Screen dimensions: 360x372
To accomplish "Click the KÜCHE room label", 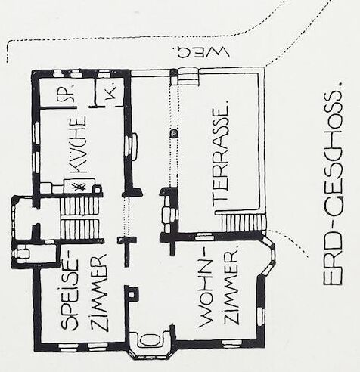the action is pyautogui.click(x=79, y=144).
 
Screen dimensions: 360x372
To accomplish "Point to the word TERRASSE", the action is pyautogui.click(x=221, y=154).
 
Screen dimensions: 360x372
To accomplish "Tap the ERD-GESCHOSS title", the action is pyautogui.click(x=333, y=184).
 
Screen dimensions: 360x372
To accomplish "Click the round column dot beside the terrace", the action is pyautogui.click(x=174, y=134).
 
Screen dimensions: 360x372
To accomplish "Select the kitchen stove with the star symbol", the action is pyautogui.click(x=79, y=186).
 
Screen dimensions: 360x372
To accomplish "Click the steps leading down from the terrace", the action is pyautogui.click(x=244, y=223).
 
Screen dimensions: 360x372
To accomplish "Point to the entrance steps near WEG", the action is pyautogui.click(x=188, y=76).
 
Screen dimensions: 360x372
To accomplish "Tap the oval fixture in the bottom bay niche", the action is pyautogui.click(x=151, y=339).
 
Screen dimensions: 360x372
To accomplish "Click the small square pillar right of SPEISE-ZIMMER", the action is pyautogui.click(x=132, y=293).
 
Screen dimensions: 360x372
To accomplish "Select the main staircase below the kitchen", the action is pyautogui.click(x=79, y=218).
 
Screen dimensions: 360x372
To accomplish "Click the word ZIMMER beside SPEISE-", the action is pyautogui.click(x=100, y=293).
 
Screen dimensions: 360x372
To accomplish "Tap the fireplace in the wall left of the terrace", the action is pyautogui.click(x=168, y=213).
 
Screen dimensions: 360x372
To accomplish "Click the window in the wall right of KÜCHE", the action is pyautogui.click(x=132, y=146).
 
